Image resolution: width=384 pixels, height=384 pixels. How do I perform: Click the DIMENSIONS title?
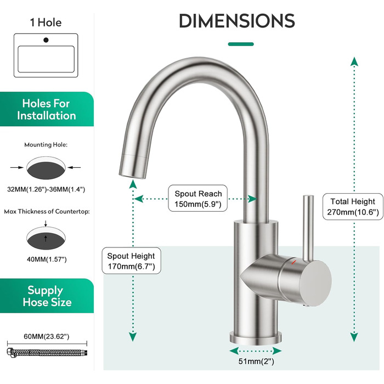coord(237,21)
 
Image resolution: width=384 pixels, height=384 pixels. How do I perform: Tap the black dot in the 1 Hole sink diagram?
coord(46,40)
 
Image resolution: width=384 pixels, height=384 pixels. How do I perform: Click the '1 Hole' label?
coord(46,22)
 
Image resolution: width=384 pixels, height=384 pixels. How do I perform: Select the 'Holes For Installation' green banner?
coord(47,109)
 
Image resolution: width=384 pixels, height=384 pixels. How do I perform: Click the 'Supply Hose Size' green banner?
coord(47,296)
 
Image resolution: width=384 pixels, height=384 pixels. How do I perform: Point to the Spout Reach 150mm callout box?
coord(198,199)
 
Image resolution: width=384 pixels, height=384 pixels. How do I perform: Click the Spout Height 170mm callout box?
coord(131,261)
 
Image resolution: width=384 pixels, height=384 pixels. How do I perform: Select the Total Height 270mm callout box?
coord(353,206)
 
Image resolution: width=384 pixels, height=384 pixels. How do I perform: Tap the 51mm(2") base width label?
coord(256,361)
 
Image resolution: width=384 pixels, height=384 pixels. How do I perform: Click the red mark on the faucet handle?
coord(293,263)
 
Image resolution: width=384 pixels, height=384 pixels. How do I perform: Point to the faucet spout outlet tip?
coord(132,175)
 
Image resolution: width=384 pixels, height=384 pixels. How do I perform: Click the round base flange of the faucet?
coord(256,338)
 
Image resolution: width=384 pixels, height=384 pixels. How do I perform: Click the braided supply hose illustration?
coord(47,353)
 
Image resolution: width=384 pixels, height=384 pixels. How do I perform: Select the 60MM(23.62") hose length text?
coord(47,336)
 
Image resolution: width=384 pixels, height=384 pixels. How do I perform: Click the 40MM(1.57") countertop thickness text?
coord(47,259)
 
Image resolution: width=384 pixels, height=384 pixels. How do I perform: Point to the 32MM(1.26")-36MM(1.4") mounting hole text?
coord(46,189)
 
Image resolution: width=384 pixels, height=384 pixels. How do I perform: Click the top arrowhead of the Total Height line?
coord(354,61)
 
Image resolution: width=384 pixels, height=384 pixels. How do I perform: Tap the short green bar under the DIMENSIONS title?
coord(241,44)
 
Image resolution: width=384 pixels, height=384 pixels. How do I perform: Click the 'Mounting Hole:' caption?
coord(46,145)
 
